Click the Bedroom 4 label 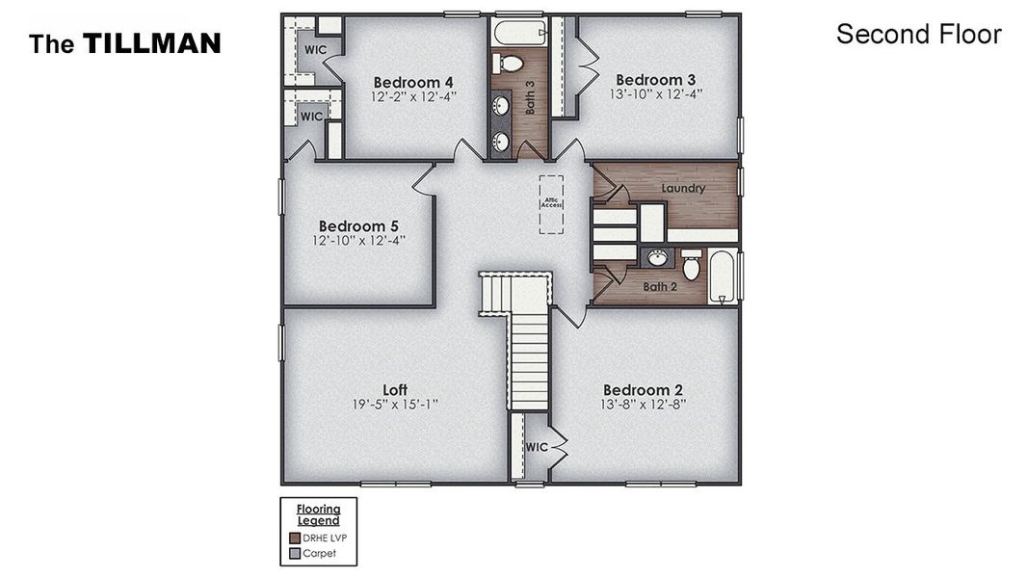[x=413, y=82]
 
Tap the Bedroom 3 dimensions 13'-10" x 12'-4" [x=655, y=94]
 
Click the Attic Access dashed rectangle [x=552, y=204]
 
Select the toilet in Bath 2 [x=691, y=265]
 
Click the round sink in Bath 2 [x=659, y=257]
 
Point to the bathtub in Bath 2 [x=723, y=276]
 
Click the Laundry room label [x=683, y=189]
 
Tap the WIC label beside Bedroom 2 [x=537, y=447]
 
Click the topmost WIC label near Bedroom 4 [x=316, y=49]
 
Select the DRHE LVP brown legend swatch [x=295, y=539]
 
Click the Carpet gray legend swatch [x=295, y=553]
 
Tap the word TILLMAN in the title [x=151, y=43]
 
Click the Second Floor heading [x=918, y=35]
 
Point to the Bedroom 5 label [x=358, y=225]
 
